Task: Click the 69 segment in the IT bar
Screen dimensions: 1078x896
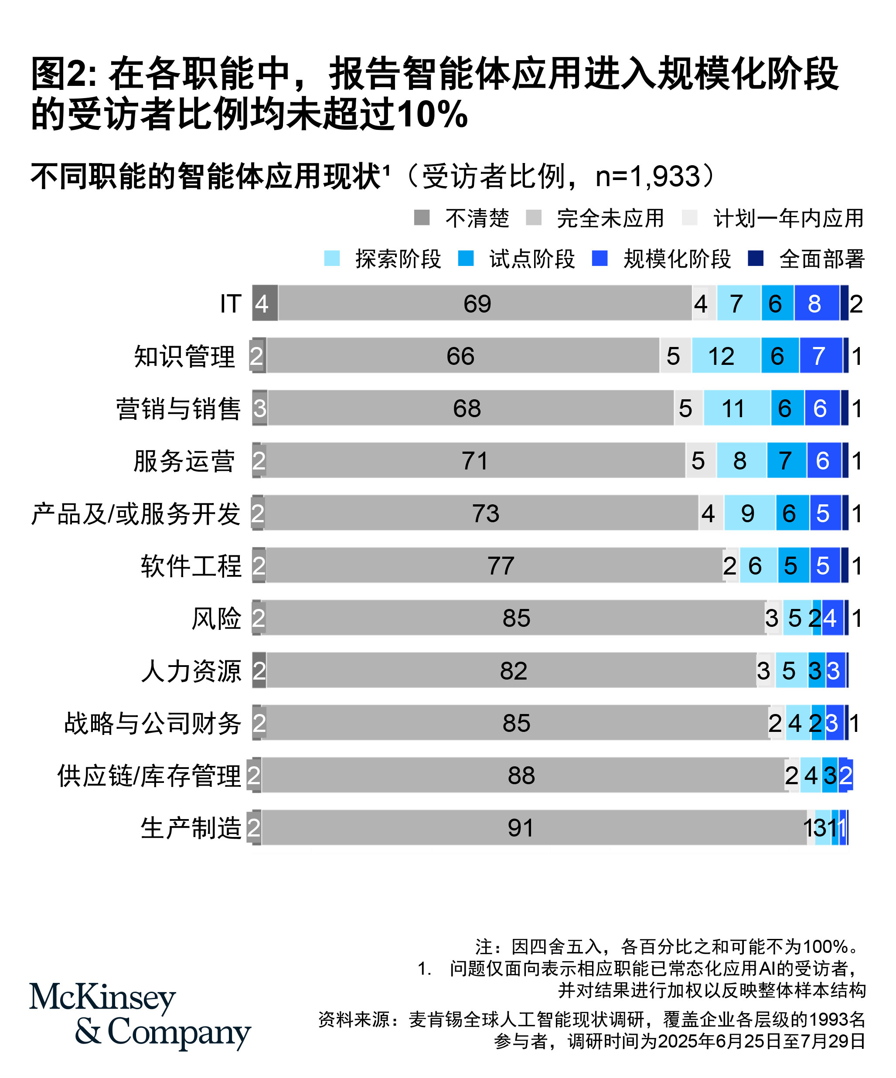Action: coord(477,303)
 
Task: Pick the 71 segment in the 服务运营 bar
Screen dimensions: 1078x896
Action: coord(474,460)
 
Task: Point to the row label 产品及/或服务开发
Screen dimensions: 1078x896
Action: coord(136,513)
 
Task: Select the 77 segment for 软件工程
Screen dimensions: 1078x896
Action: coord(500,566)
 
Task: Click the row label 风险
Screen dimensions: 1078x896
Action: coord(216,618)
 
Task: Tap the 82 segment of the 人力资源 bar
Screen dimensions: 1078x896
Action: coord(512,670)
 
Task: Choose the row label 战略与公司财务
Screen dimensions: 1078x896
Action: coord(153,723)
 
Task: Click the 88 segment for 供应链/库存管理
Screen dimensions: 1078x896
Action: coord(521,775)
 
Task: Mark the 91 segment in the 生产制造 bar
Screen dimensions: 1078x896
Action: coord(521,827)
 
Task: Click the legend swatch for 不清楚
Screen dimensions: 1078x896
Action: coord(422,218)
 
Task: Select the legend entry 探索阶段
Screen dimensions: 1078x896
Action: coord(398,259)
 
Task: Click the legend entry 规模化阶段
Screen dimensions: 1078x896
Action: coord(677,259)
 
